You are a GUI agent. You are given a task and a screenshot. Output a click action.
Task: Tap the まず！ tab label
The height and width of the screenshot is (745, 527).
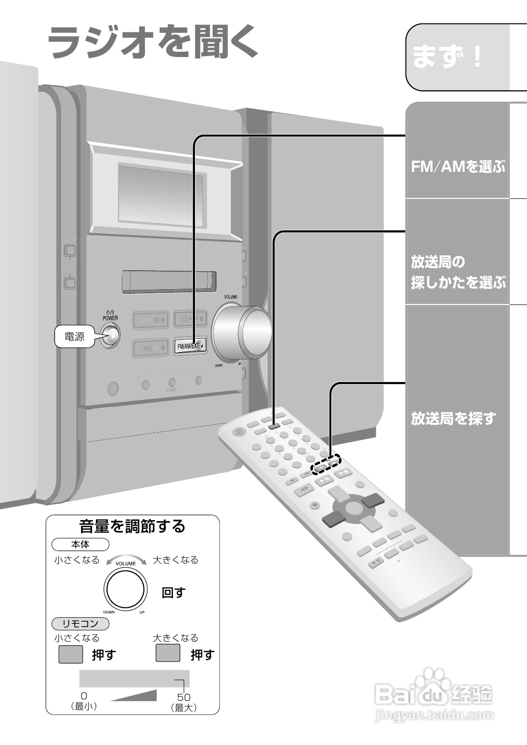447,57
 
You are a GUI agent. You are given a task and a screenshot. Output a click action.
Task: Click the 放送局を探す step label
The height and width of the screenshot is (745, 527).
453,419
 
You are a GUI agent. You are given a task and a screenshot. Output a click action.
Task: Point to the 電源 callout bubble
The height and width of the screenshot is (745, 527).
75,337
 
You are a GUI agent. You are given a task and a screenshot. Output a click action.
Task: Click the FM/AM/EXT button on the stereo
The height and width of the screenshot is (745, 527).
190,346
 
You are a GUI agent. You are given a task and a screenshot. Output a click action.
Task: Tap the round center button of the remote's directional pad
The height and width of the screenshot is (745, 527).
352,507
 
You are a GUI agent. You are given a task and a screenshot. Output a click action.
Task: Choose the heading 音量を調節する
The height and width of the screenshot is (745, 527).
132,526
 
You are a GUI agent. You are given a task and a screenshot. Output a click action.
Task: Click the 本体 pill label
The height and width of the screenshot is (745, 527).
81,544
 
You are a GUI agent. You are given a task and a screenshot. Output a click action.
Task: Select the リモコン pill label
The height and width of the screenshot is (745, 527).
81,624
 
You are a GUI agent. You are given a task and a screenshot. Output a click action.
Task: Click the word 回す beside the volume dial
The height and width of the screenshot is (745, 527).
173,593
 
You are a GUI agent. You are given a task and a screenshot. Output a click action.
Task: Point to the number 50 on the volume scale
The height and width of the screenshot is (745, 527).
184,697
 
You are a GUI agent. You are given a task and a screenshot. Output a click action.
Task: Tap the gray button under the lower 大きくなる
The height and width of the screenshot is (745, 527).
167,653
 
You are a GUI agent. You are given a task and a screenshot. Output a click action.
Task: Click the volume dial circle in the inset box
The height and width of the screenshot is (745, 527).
125,589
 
